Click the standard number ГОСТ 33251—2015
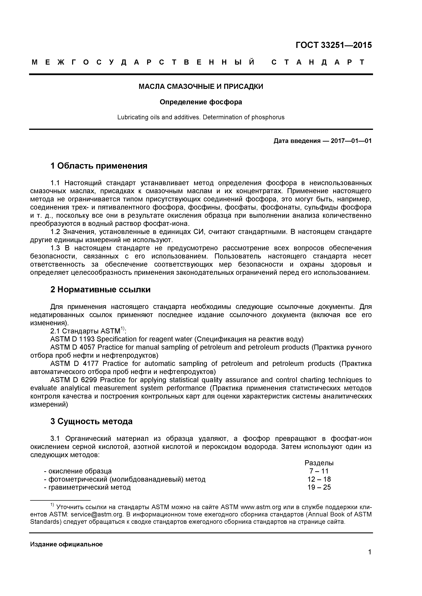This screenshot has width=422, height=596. [x=334, y=45]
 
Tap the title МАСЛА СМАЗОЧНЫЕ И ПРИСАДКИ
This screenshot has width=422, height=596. [x=201, y=87]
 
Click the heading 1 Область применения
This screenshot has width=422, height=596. [x=99, y=166]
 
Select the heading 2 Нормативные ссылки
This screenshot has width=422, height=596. [x=100, y=289]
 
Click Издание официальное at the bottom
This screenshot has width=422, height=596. [x=67, y=544]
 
